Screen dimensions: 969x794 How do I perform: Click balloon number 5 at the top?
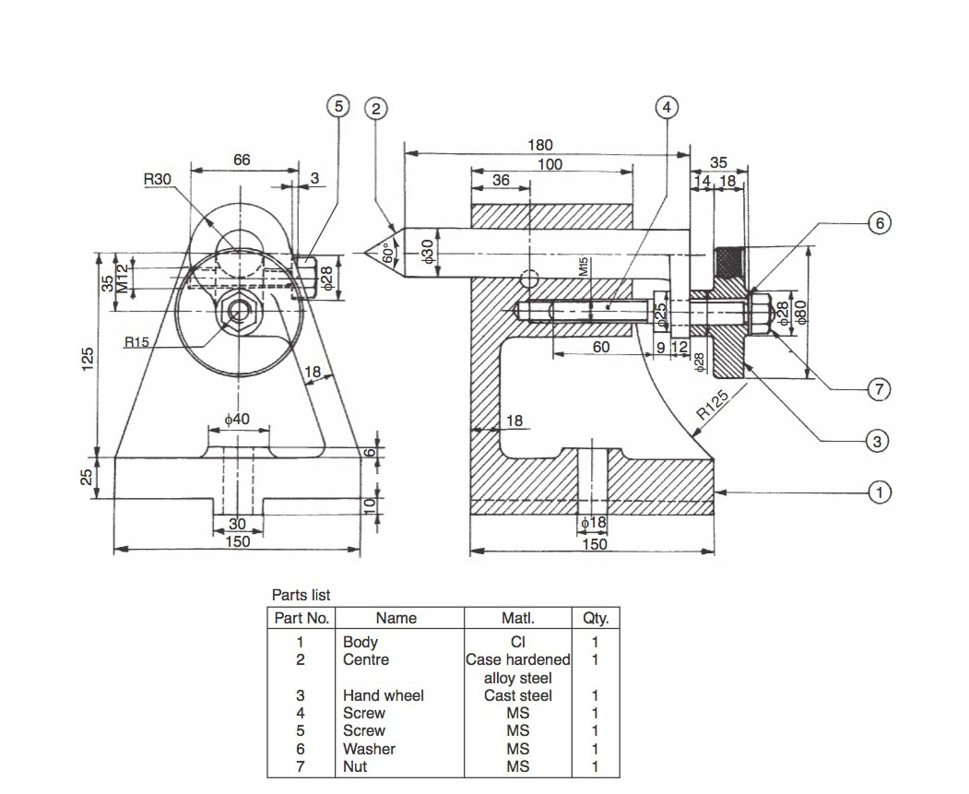338,106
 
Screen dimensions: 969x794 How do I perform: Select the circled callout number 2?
376,109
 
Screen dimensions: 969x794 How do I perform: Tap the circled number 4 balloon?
667,108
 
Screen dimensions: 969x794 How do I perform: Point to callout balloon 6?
880,222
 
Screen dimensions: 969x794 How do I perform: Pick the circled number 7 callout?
879,389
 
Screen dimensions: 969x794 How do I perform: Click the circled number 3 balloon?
877,441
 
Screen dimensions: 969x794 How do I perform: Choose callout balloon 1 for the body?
880,492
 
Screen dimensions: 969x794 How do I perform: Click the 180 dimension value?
539,145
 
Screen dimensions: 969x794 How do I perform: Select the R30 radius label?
157,179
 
